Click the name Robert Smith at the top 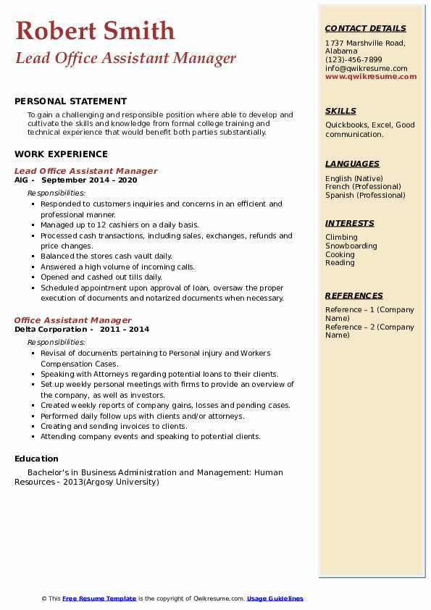click(x=95, y=30)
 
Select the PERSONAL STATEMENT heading click(x=70, y=101)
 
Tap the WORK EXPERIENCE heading click(x=61, y=154)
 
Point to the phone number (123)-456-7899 click(x=353, y=60)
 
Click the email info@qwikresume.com click(x=366, y=69)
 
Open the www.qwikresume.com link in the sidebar click(x=371, y=77)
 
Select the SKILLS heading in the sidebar click(x=340, y=111)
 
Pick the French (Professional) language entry click(x=363, y=187)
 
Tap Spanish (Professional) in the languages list click(x=365, y=195)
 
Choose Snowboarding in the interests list click(x=351, y=246)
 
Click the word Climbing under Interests click(x=341, y=238)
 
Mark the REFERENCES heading click(x=354, y=296)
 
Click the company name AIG click(x=21, y=180)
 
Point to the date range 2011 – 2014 click(x=125, y=329)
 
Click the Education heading click(x=36, y=459)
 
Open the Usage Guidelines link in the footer click(x=275, y=598)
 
